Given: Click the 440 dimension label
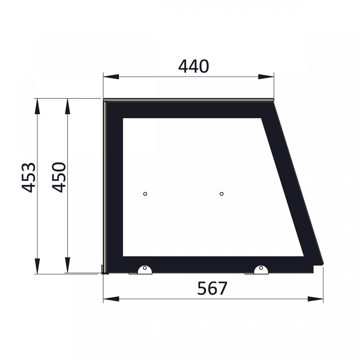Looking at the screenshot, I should (194, 66).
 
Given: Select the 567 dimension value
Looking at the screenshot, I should (212, 288).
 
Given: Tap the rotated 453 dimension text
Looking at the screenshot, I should (29, 177).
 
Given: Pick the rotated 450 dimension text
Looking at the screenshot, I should (59, 177).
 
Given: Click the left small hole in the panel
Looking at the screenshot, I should (145, 194).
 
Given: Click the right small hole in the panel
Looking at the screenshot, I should (222, 194).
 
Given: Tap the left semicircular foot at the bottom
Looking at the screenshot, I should (145, 270).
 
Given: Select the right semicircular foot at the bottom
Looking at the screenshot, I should (261, 270).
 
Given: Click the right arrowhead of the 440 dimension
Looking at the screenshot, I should (266, 76).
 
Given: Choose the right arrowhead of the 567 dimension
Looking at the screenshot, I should (316, 299).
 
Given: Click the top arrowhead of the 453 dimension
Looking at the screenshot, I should (37, 106).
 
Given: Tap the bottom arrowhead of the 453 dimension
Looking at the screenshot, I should (37, 266).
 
